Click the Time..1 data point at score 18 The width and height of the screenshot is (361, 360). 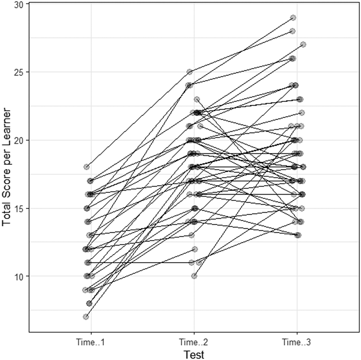(x=86, y=167)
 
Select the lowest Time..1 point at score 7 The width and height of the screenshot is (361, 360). (x=86, y=317)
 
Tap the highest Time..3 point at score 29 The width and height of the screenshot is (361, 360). (x=293, y=18)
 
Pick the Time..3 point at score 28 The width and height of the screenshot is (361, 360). (x=293, y=31)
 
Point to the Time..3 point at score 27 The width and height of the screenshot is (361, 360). (x=303, y=44)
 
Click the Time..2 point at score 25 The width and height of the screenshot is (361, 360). (x=189, y=72)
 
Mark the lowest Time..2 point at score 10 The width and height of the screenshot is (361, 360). (x=194, y=276)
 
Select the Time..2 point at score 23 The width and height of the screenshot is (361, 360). (x=197, y=99)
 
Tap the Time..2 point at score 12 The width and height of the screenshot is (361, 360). (x=195, y=249)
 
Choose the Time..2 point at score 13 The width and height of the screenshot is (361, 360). (x=192, y=235)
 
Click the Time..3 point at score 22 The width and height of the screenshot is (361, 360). (x=302, y=113)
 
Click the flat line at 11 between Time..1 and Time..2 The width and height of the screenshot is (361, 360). (x=140, y=262)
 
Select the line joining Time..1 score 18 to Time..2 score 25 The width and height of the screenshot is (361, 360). (x=138, y=119)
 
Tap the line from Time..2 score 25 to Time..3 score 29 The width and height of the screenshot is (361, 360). (x=241, y=45)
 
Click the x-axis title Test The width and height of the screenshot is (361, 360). (x=194, y=354)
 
